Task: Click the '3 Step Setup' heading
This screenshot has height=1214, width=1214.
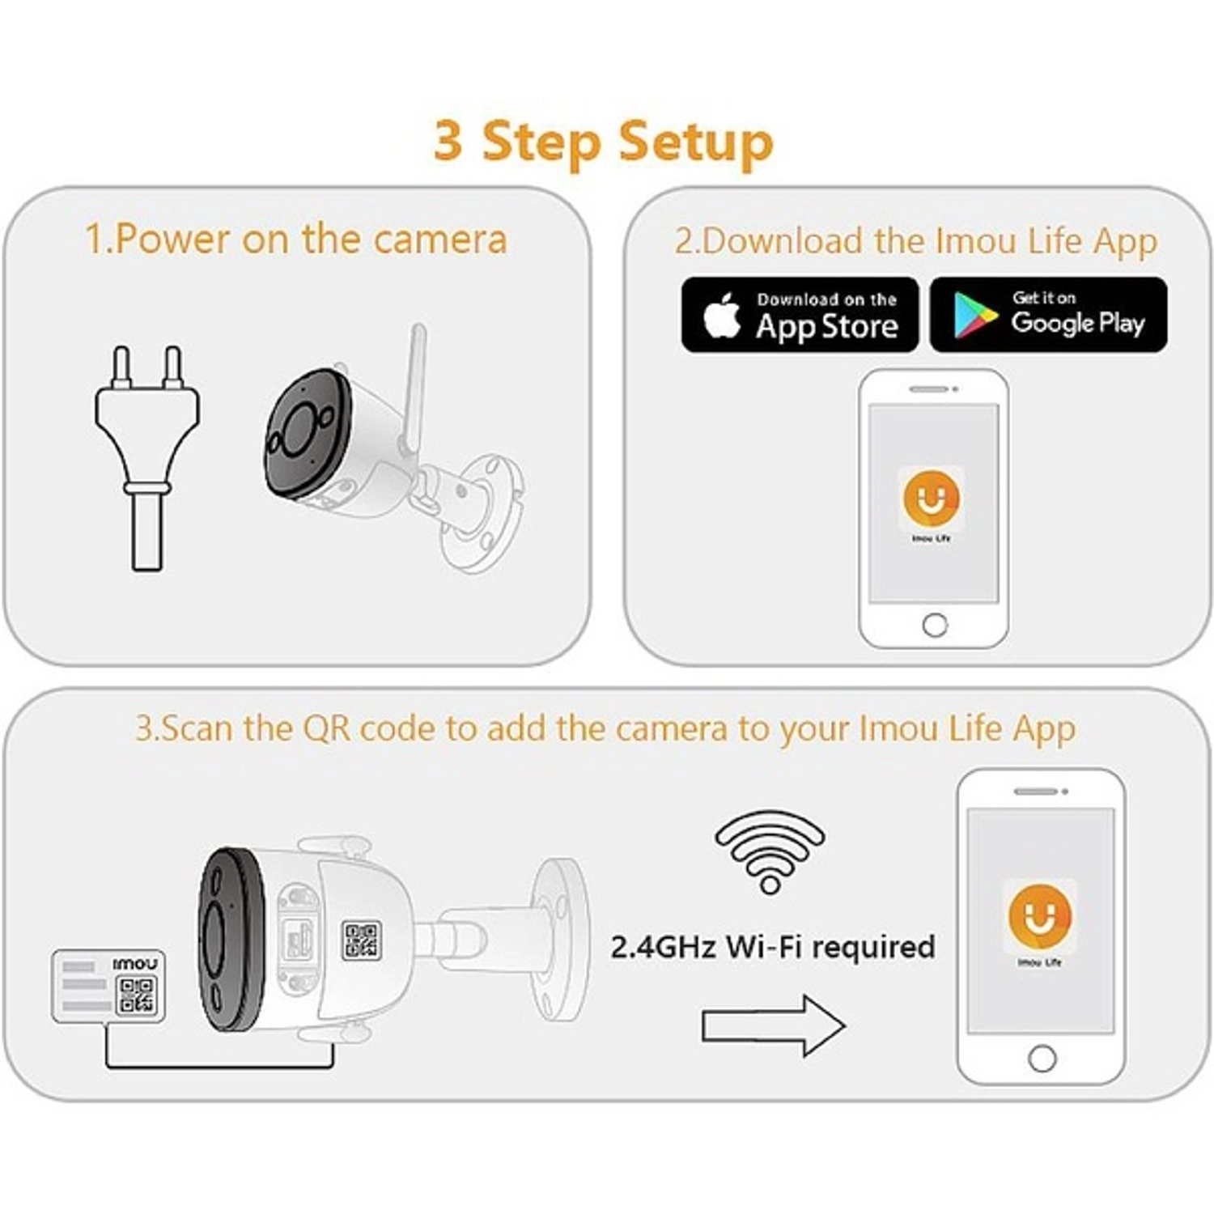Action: pos(603,142)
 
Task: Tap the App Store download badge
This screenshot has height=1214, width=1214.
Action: pos(800,315)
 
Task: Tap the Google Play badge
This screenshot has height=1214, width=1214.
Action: pos(1048,315)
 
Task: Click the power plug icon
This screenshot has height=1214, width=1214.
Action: pos(147,457)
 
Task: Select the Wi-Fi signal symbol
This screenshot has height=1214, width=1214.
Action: pos(770,851)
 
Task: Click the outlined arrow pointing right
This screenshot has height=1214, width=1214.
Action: pos(773,1025)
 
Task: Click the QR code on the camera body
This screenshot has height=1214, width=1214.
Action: pos(362,940)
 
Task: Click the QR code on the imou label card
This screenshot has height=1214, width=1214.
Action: pos(136,995)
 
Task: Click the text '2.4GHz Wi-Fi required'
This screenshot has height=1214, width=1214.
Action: pos(772,947)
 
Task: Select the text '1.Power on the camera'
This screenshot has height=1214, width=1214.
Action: pos(296,239)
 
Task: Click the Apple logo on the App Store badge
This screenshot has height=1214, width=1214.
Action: pos(722,315)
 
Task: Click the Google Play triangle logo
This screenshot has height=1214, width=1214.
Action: pos(975,315)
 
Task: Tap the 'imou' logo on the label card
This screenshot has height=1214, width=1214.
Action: pos(135,964)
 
